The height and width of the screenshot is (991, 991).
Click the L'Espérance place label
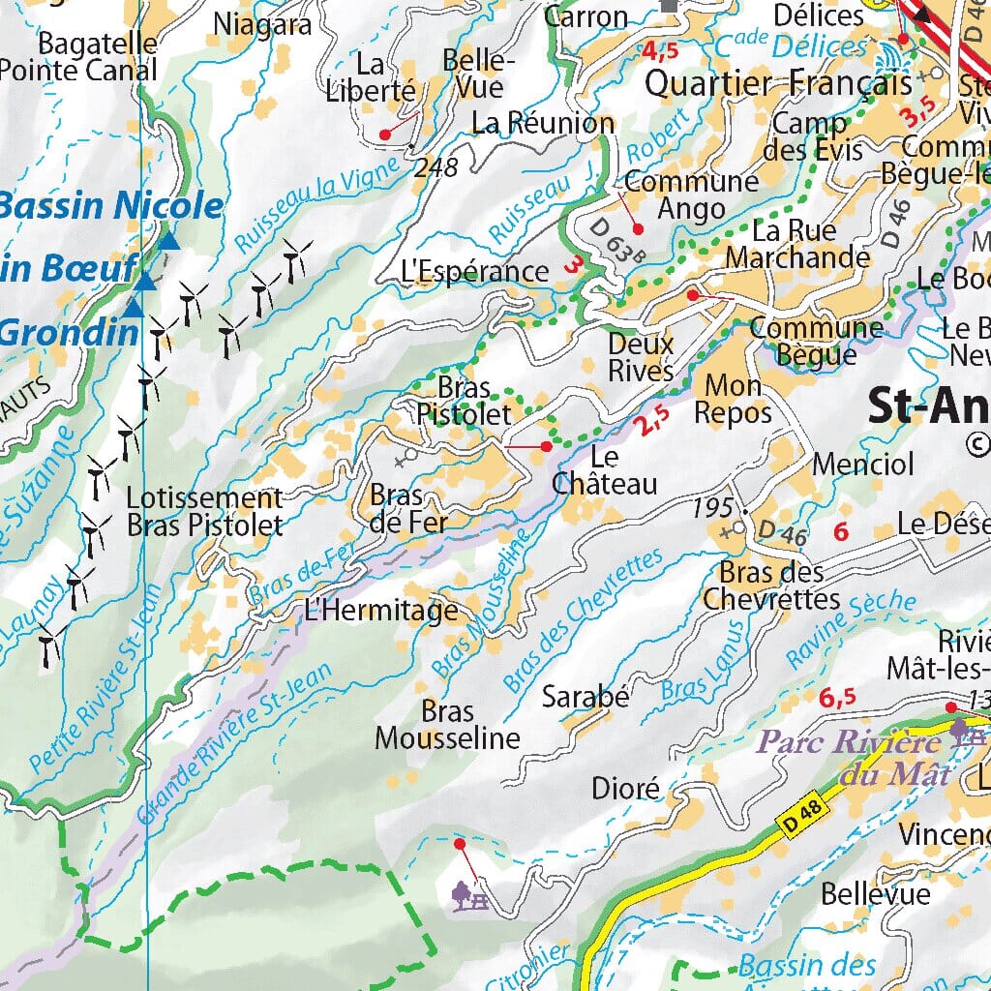[474, 272]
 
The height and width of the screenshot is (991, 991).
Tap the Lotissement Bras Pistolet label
[205, 512]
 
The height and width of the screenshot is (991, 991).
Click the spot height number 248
[435, 167]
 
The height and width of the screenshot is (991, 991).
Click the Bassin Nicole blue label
[111, 206]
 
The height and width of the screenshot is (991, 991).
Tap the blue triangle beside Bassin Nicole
[169, 240]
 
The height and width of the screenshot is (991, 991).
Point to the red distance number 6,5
[837, 698]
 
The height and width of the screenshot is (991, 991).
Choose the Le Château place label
[604, 470]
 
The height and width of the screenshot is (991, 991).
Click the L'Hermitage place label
[380, 611]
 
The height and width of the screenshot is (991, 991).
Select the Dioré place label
[625, 789]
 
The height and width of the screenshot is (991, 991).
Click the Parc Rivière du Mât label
[850, 758]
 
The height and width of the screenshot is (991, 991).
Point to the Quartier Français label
[778, 83]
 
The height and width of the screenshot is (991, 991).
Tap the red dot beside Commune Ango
[638, 228]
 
